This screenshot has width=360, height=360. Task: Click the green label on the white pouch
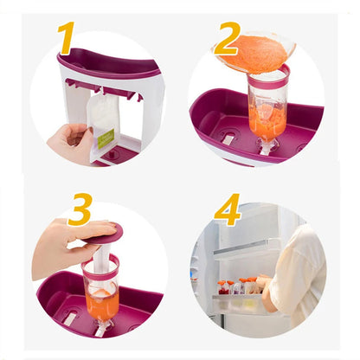click(106, 138)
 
